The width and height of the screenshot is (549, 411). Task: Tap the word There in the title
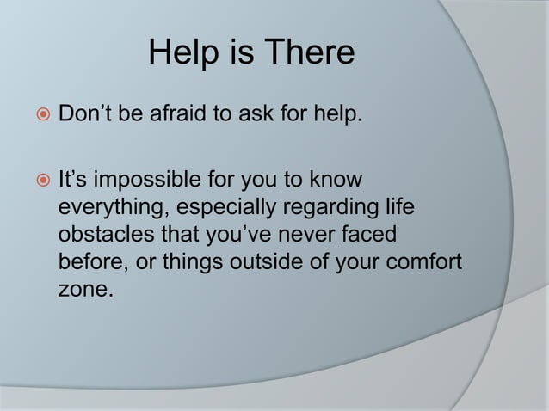point(305,54)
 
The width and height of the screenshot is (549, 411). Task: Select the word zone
point(83,288)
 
